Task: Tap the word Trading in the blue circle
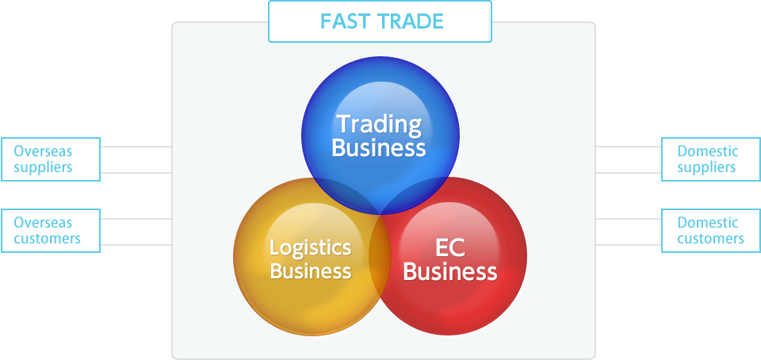(379, 124)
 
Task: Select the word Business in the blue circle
(379, 148)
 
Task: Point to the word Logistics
(310, 248)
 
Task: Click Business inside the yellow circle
(311, 270)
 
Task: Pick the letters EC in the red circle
(450, 248)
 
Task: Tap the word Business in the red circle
(450, 272)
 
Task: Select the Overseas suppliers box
(51, 159)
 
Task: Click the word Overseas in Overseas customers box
(43, 223)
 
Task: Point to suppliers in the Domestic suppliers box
(706, 168)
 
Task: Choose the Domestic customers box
(711, 231)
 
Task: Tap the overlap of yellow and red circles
(380, 255)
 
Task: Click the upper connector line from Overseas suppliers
(136, 147)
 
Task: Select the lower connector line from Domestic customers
(629, 245)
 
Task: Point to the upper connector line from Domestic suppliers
(629, 147)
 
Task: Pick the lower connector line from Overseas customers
(136, 245)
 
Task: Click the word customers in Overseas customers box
(47, 239)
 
